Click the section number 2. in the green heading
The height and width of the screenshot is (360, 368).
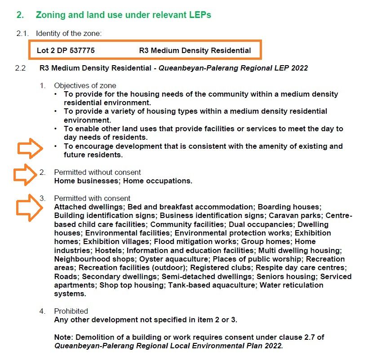click(20, 15)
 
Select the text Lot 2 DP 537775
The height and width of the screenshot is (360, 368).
click(66, 50)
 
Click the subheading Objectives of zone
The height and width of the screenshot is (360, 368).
click(85, 85)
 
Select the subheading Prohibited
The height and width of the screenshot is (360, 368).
click(71, 311)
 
